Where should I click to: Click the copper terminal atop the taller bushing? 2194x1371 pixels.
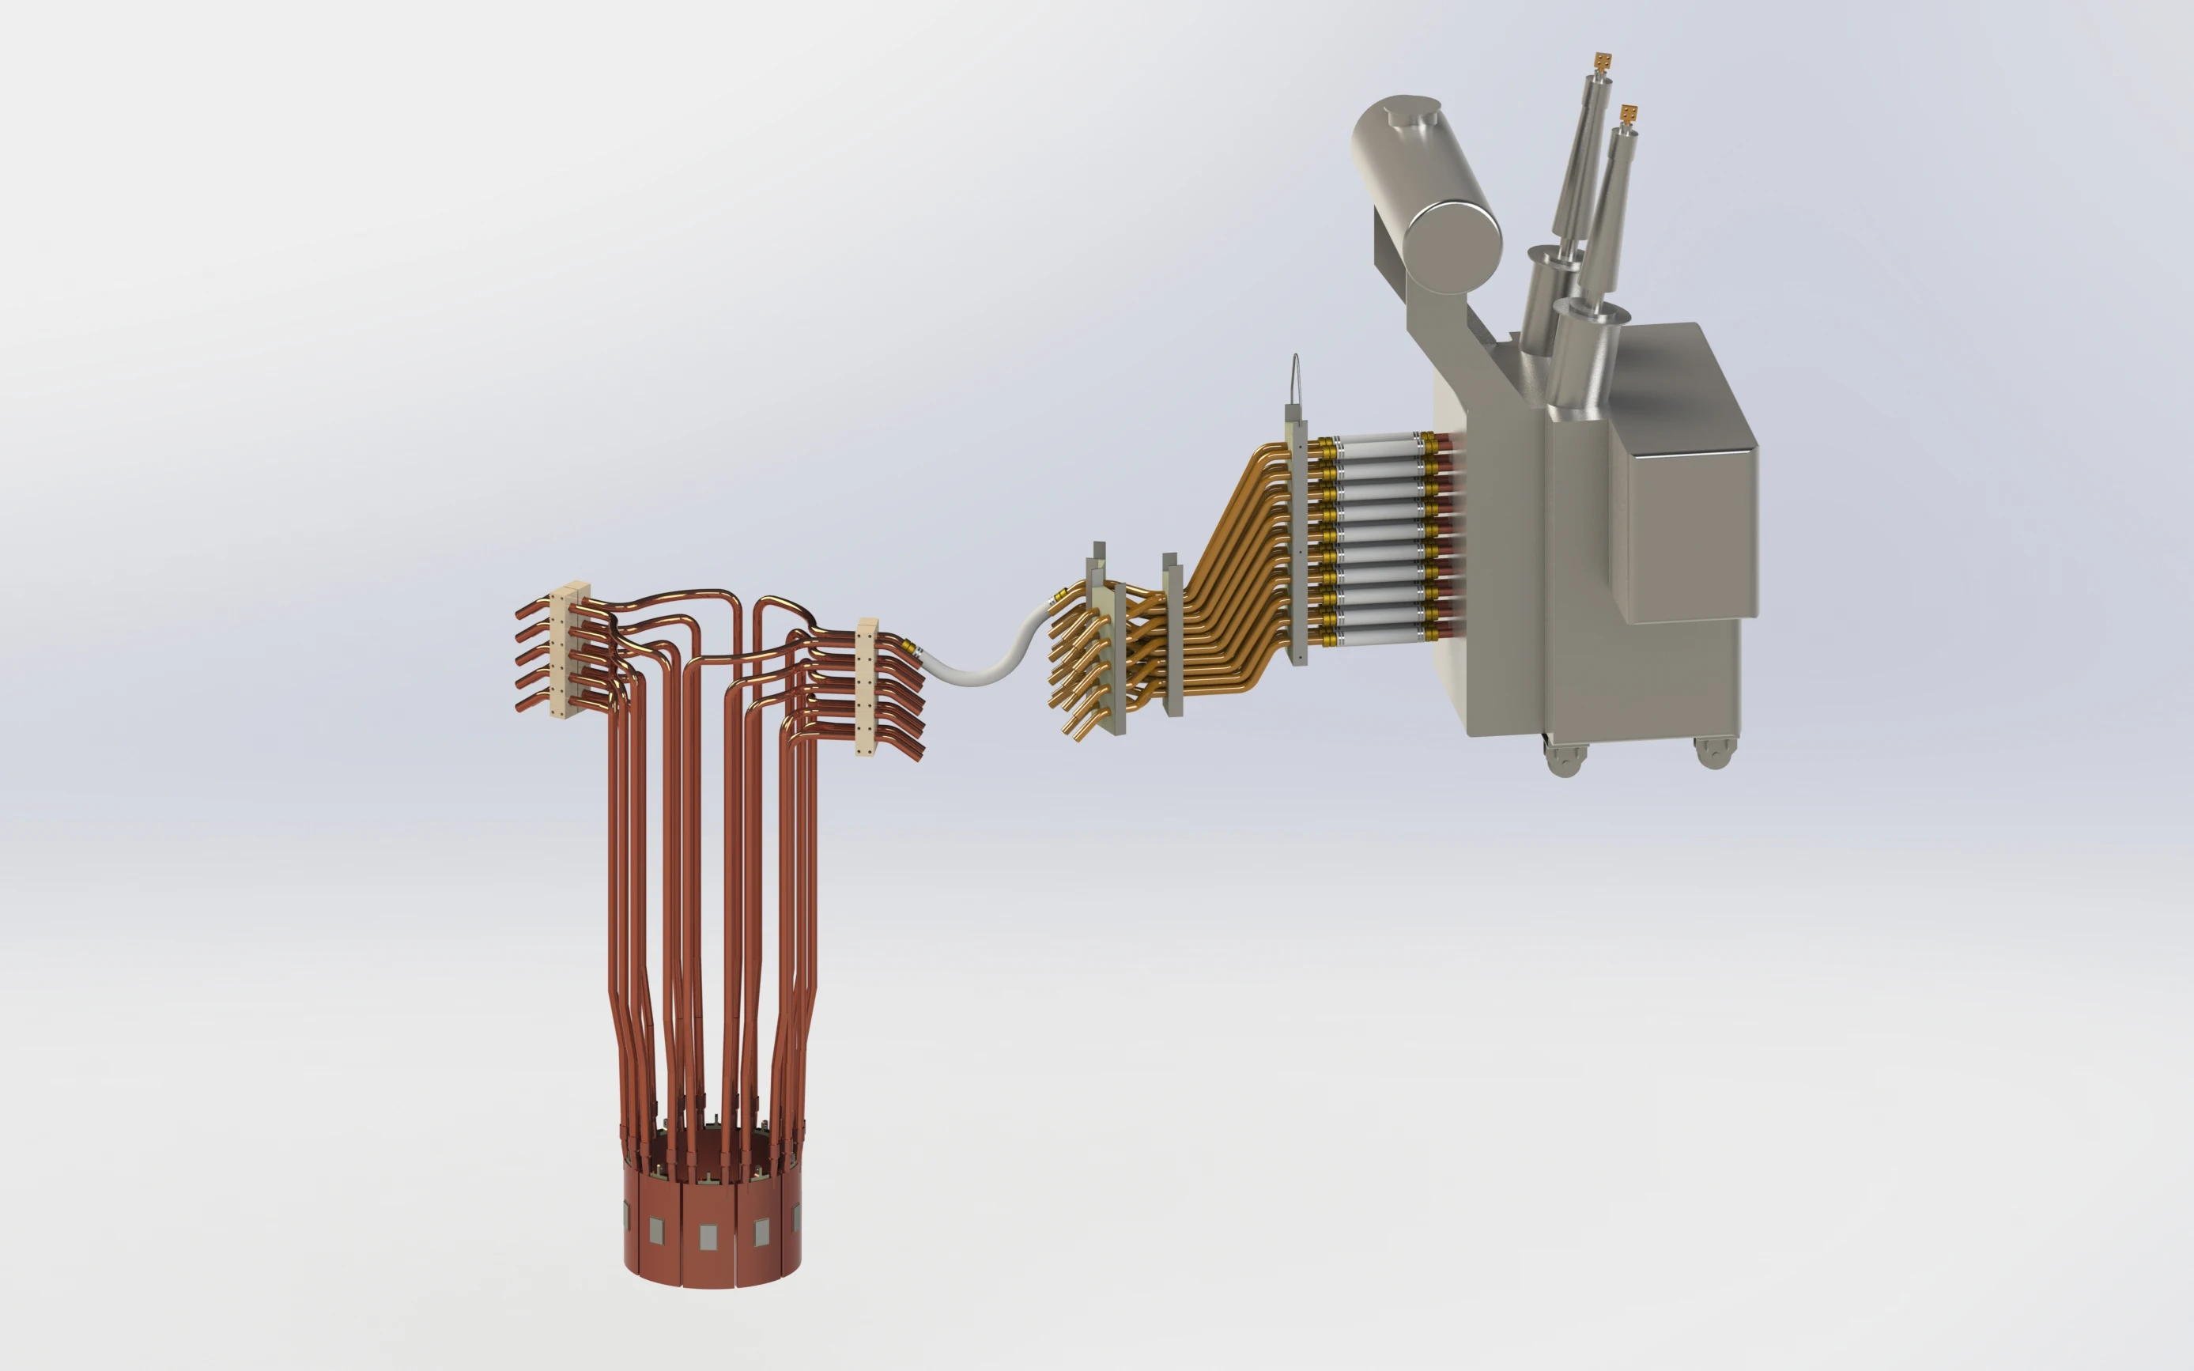click(x=1604, y=61)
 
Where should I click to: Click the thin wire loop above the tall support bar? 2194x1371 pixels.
click(x=1297, y=376)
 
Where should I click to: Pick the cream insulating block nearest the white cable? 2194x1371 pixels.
click(x=867, y=686)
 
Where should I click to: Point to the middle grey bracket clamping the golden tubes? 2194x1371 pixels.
click(x=1172, y=635)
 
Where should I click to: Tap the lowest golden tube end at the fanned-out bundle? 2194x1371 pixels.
click(x=1079, y=736)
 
